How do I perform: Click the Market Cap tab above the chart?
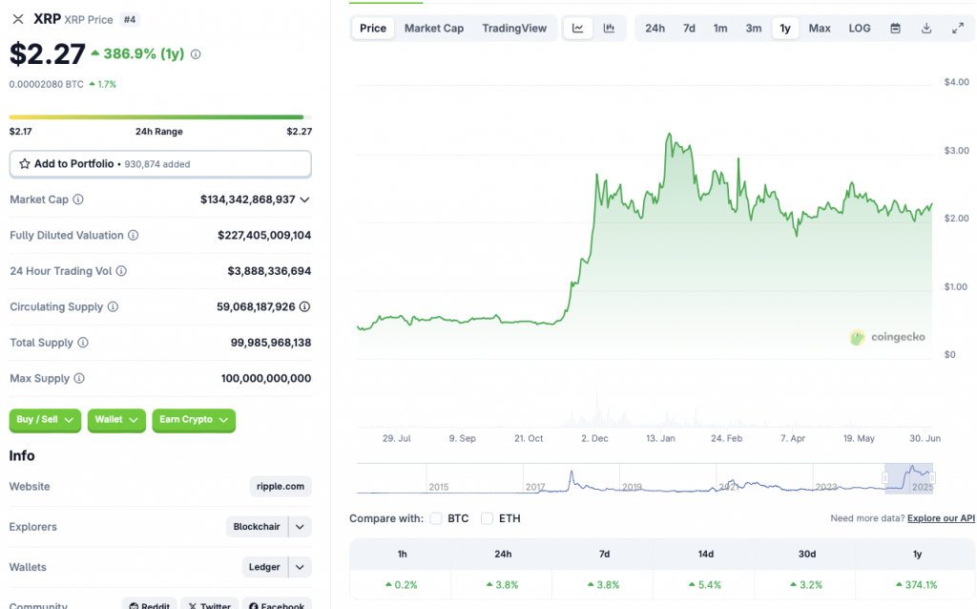434,29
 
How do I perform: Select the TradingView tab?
514,29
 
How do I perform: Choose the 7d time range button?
689,29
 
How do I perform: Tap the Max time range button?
820,29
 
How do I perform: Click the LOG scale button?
860,29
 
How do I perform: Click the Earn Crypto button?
194,420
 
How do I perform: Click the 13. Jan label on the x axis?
660,438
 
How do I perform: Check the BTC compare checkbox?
436,518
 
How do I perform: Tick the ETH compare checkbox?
488,518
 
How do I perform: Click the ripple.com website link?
281,487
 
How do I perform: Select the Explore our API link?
941,518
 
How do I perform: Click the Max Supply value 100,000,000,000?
266,379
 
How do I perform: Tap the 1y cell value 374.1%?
917,584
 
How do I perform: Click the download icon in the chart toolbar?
926,29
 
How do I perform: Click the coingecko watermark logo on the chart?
887,337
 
